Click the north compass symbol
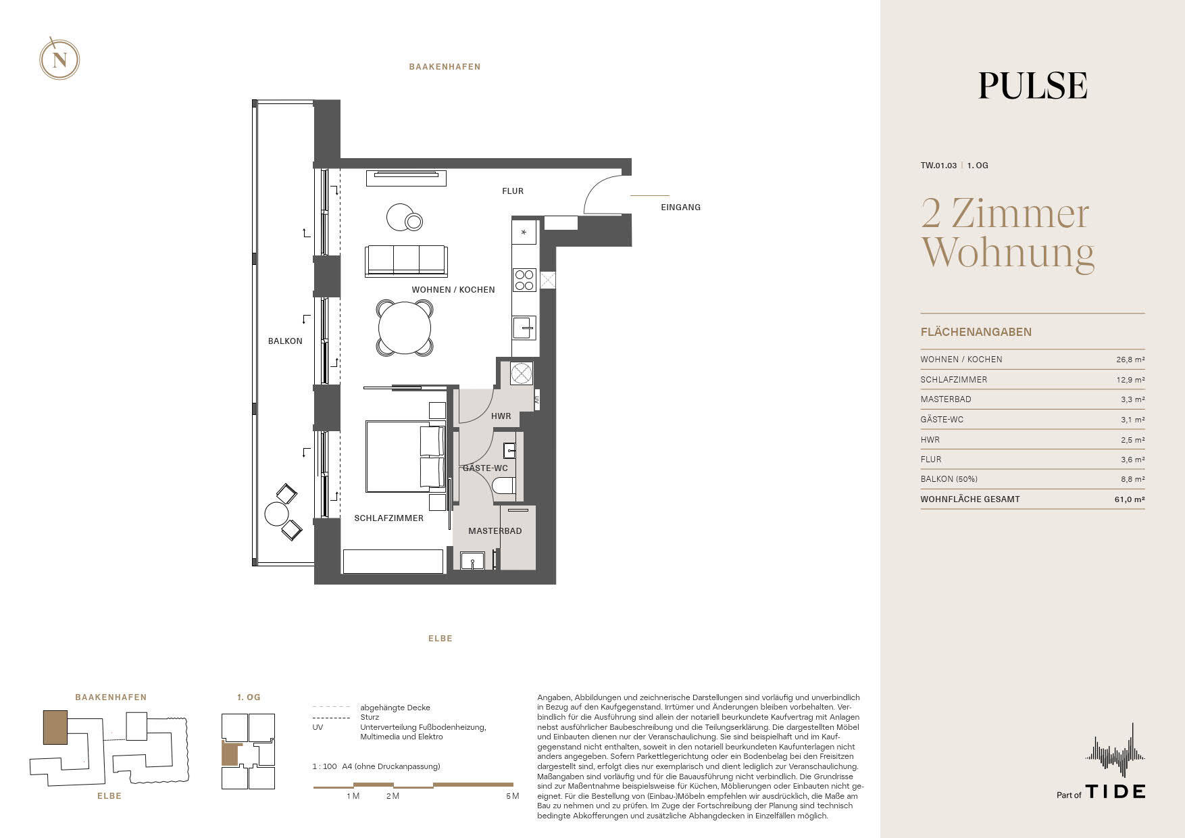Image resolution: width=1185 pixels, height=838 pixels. [59, 59]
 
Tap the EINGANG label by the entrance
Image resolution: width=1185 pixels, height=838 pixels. [680, 207]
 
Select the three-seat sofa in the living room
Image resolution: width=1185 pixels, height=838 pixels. [406, 261]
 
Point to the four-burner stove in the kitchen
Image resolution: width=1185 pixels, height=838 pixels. [524, 280]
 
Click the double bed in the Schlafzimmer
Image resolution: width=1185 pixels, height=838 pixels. [405, 456]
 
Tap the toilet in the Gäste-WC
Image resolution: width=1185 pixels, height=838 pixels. [504, 486]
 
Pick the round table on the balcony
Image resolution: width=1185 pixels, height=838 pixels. [276, 514]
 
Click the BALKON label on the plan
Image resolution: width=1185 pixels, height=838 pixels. [285, 341]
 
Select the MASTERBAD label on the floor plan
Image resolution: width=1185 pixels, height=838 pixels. [495, 531]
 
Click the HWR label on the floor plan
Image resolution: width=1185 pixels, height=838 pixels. [501, 416]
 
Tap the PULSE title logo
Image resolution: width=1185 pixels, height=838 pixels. [1033, 86]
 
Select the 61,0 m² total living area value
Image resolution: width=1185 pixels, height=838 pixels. [1130, 499]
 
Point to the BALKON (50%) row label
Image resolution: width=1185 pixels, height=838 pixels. [949, 479]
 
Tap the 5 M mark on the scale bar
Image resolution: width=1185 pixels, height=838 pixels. [512, 796]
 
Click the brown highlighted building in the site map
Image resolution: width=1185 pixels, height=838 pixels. [55, 727]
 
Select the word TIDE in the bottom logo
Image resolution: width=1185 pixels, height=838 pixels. [1115, 791]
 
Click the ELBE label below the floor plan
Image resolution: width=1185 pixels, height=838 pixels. [440, 638]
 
